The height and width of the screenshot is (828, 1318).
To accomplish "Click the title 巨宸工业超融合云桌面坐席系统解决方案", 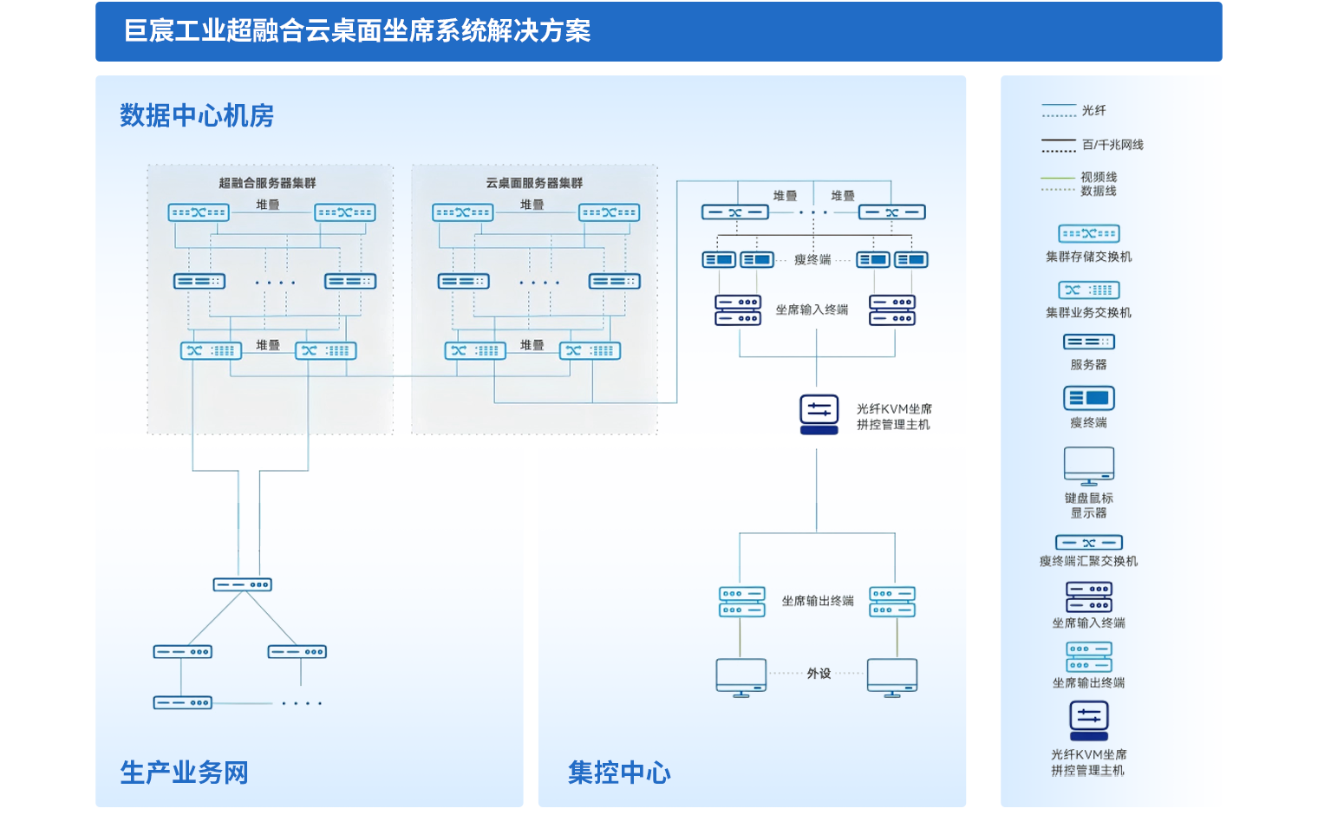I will (x=357, y=31).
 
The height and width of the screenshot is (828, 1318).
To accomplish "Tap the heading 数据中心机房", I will (x=197, y=115).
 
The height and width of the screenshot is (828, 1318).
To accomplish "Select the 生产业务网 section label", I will (x=184, y=772).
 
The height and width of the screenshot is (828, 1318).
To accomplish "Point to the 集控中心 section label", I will (x=619, y=772).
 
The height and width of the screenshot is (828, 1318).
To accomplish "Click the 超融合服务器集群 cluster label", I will (x=267, y=183).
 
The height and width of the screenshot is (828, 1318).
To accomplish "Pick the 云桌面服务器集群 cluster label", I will (x=534, y=183).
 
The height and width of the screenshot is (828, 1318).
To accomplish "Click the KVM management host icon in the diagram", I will (x=819, y=410).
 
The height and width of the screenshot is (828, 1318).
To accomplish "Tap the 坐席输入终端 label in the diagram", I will (x=812, y=310).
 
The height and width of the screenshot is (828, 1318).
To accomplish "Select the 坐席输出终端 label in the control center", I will (x=818, y=601).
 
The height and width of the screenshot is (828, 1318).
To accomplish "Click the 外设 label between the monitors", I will (x=819, y=674).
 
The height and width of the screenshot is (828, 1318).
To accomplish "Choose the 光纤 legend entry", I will (x=1093, y=111).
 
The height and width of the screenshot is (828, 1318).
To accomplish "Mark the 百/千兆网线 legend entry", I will (x=1112, y=145).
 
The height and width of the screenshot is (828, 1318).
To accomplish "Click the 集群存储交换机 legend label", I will (x=1089, y=257).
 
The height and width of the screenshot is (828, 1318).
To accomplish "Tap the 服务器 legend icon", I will (x=1089, y=342).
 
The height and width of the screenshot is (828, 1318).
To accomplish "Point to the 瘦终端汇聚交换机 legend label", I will (x=1089, y=562).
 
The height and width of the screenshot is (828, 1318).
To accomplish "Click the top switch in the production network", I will (x=243, y=585).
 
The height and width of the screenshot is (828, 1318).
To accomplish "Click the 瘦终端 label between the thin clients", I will (x=812, y=260).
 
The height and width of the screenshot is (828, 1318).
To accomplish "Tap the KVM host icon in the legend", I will (x=1089, y=720).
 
